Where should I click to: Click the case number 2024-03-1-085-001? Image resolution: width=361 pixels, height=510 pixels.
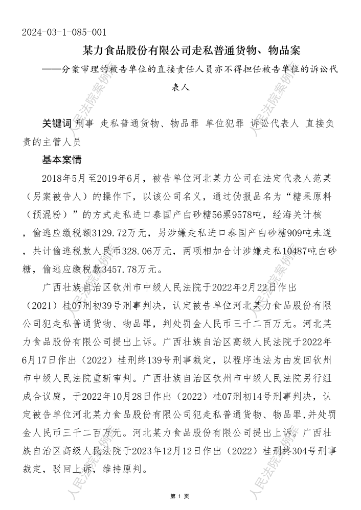coord(64,33)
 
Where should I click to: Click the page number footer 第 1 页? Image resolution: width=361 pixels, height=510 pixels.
coord(180,496)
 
